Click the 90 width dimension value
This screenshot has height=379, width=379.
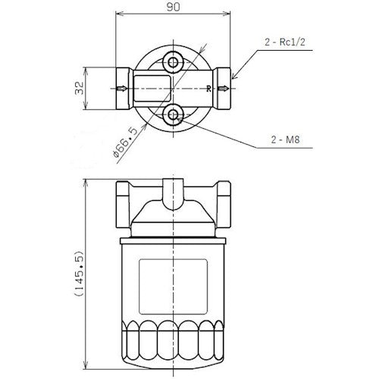(174, 10)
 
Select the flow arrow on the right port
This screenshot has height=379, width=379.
(223, 89)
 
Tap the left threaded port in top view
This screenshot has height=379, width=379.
(124, 89)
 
